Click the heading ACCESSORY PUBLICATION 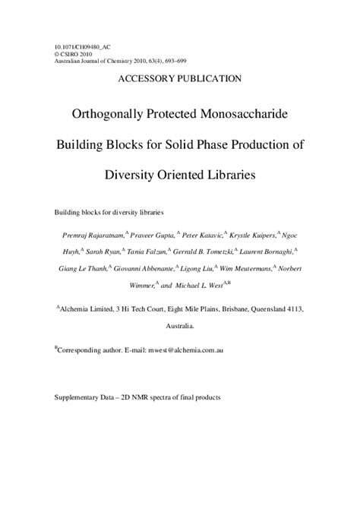pos(180,78)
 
